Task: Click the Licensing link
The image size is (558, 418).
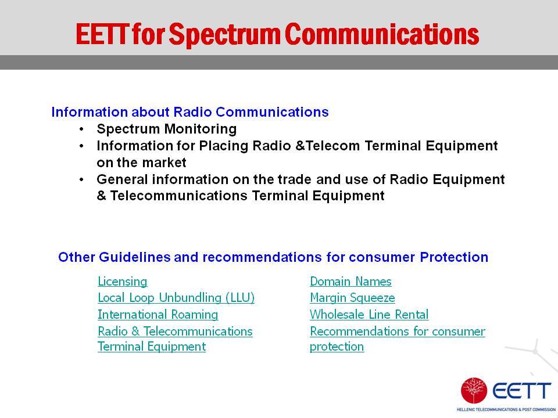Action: pos(123,282)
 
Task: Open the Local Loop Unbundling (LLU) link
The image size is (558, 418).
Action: pos(176,298)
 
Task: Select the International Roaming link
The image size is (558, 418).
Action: pos(158,315)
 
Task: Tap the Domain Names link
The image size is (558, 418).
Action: pos(350,282)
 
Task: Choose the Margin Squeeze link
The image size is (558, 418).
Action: pos(352,298)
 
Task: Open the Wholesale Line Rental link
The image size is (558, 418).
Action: pos(369,315)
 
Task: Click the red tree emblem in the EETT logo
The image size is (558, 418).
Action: pos(474,391)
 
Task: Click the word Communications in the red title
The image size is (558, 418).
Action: pos(382,34)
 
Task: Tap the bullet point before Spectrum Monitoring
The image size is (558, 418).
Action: pos(82,129)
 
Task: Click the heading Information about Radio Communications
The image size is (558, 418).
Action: pos(190,112)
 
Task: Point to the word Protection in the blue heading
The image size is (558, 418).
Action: pos(454,257)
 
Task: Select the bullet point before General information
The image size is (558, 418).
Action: pos(82,180)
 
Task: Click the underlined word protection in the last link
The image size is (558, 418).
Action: pos(337,347)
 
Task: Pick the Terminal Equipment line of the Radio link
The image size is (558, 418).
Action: pos(152,347)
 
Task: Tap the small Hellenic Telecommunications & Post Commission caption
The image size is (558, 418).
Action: pos(506,410)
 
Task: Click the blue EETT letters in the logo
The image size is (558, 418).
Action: pos(522,391)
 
